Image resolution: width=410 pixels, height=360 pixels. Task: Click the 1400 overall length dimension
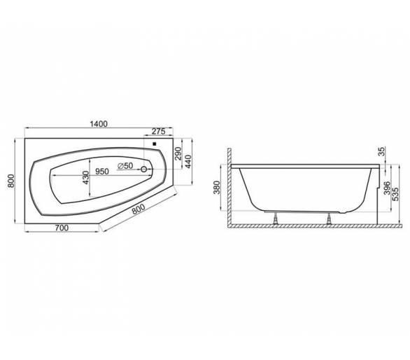tap(99, 123)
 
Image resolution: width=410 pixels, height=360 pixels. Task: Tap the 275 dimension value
tap(159, 131)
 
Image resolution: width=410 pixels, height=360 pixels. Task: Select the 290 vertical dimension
tap(178, 153)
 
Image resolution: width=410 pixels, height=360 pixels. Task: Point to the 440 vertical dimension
tap(188, 162)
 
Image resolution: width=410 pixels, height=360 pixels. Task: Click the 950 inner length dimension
tap(101, 172)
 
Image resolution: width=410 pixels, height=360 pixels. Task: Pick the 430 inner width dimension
tap(86, 177)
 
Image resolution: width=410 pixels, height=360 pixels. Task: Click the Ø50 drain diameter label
tap(125, 166)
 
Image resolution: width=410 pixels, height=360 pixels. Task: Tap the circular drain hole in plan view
tap(143, 169)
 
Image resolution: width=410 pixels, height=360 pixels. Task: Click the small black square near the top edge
tap(155, 144)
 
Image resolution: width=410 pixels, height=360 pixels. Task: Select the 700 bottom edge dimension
tap(62, 228)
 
